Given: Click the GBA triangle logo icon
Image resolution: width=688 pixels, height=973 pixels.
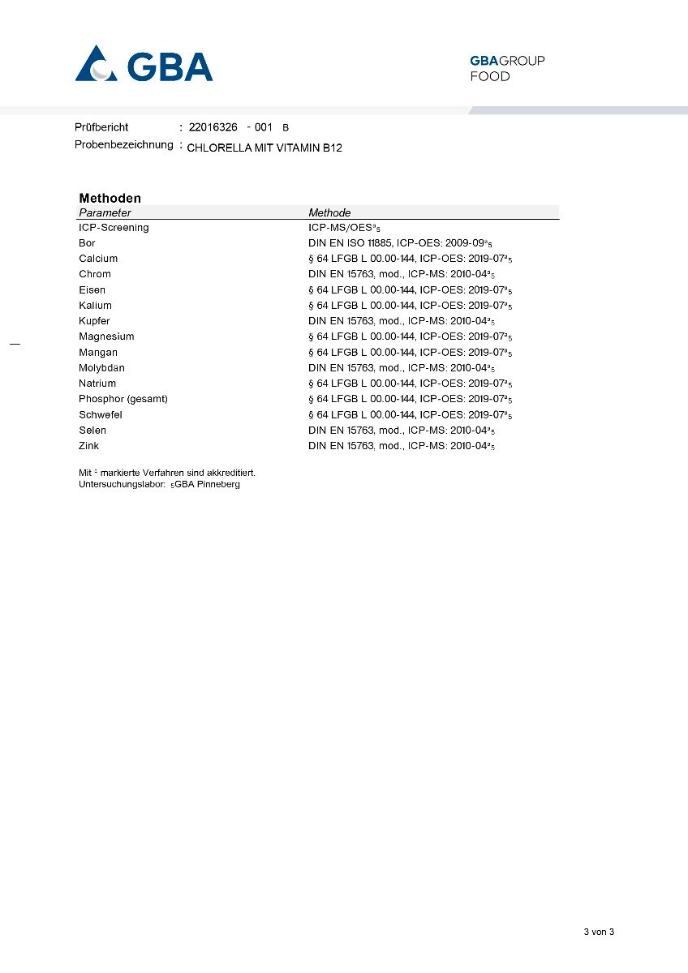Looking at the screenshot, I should pyautogui.click(x=97, y=65).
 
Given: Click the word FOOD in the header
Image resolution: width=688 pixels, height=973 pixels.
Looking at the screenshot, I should pyautogui.click(x=490, y=77).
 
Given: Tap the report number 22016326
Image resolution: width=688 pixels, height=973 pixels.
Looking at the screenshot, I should pyautogui.click(x=213, y=127).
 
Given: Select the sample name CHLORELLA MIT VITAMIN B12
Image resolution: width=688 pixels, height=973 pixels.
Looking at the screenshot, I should pyautogui.click(x=264, y=148).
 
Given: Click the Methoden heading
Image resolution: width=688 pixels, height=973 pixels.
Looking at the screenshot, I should pyautogui.click(x=110, y=198).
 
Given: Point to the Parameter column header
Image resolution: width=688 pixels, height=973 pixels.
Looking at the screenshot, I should pyautogui.click(x=105, y=212).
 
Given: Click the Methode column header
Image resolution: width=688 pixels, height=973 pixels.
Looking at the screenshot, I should pyautogui.click(x=329, y=212).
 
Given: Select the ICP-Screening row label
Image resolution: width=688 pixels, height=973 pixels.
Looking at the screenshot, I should pyautogui.click(x=114, y=228).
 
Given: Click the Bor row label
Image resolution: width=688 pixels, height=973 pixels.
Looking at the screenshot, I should pyautogui.click(x=87, y=243).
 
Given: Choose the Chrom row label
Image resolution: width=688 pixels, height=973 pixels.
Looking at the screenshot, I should pyautogui.click(x=94, y=274).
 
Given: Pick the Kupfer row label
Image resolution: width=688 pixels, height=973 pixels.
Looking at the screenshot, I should pyautogui.click(x=94, y=321).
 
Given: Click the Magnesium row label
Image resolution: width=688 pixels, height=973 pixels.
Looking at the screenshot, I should pyautogui.click(x=106, y=336).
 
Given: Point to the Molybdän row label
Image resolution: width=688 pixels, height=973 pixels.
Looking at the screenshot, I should pyautogui.click(x=101, y=368).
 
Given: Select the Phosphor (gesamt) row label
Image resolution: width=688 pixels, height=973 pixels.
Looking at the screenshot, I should pyautogui.click(x=123, y=399).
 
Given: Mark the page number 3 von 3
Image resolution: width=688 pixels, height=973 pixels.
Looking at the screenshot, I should pyautogui.click(x=599, y=932).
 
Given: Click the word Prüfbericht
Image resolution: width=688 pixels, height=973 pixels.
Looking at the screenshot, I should pyautogui.click(x=101, y=127).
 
